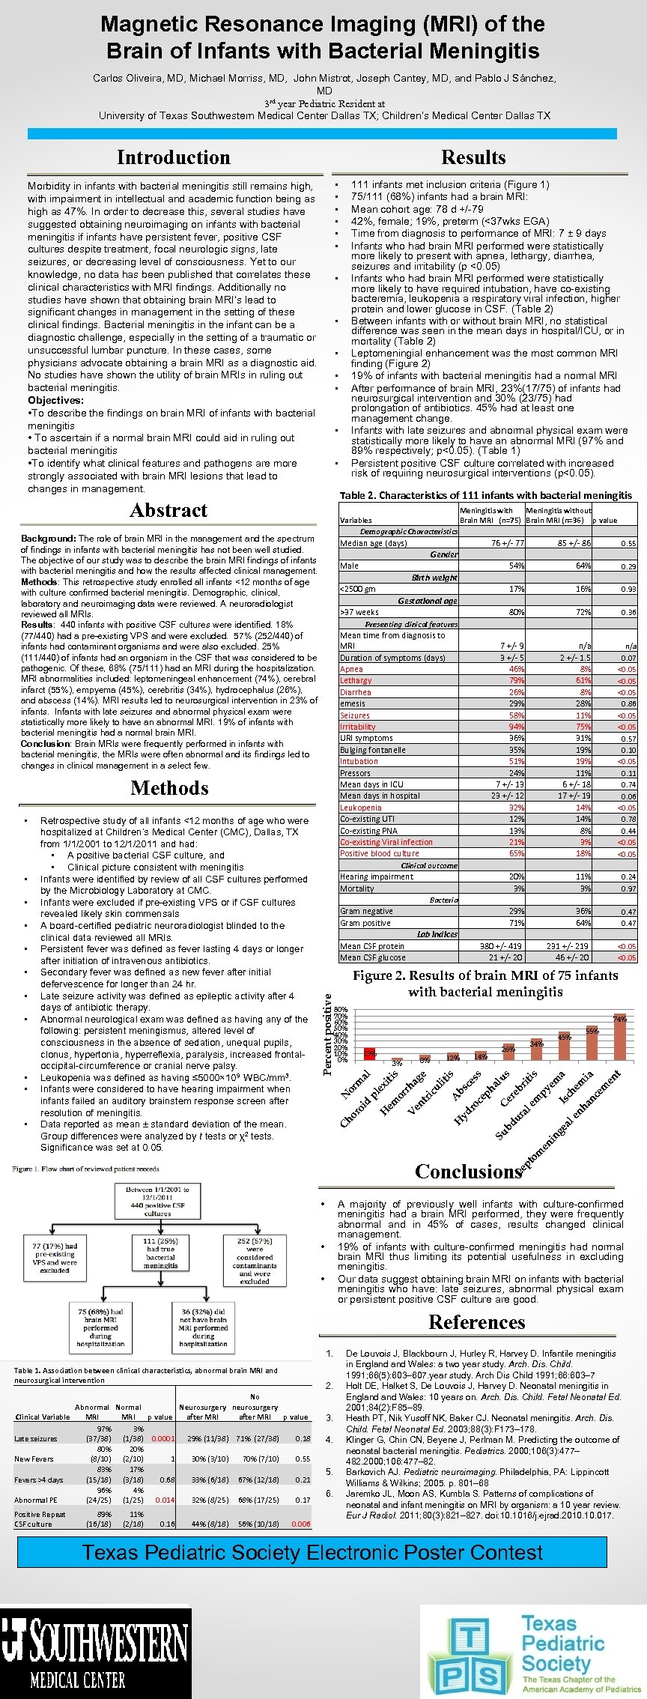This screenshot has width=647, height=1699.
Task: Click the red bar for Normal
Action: point(369,1054)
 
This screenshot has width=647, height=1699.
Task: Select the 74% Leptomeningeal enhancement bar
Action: point(619,1037)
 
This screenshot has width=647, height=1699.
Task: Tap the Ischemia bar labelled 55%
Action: point(592,1043)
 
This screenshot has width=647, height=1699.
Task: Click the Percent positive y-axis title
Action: point(327,1033)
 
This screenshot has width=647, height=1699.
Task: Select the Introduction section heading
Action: point(173,157)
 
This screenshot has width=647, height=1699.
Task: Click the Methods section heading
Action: point(169,788)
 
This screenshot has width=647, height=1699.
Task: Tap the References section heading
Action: point(476,1322)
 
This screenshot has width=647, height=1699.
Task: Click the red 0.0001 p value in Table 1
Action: point(162,1438)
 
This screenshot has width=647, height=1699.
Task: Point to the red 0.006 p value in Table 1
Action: point(301,1524)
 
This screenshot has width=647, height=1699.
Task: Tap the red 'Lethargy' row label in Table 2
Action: point(356,681)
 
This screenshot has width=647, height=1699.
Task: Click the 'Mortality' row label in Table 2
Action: point(357,888)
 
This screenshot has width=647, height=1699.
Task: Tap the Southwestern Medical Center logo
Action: point(95,1651)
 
